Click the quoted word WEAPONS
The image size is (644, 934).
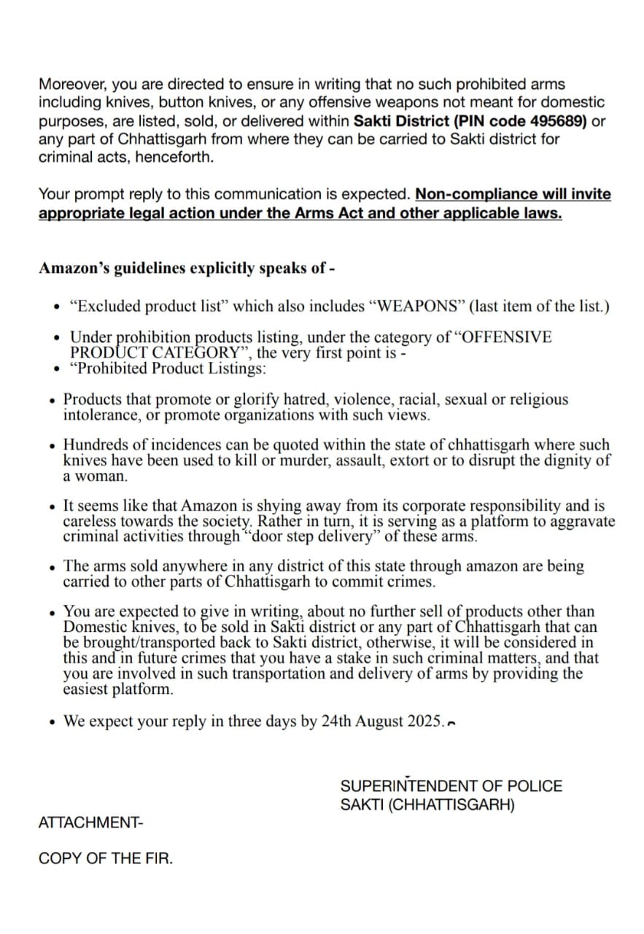(419, 306)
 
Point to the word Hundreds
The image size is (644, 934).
(93, 444)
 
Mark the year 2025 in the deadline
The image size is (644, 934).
(424, 722)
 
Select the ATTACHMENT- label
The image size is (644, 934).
(91, 822)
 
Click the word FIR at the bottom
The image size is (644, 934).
(159, 859)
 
